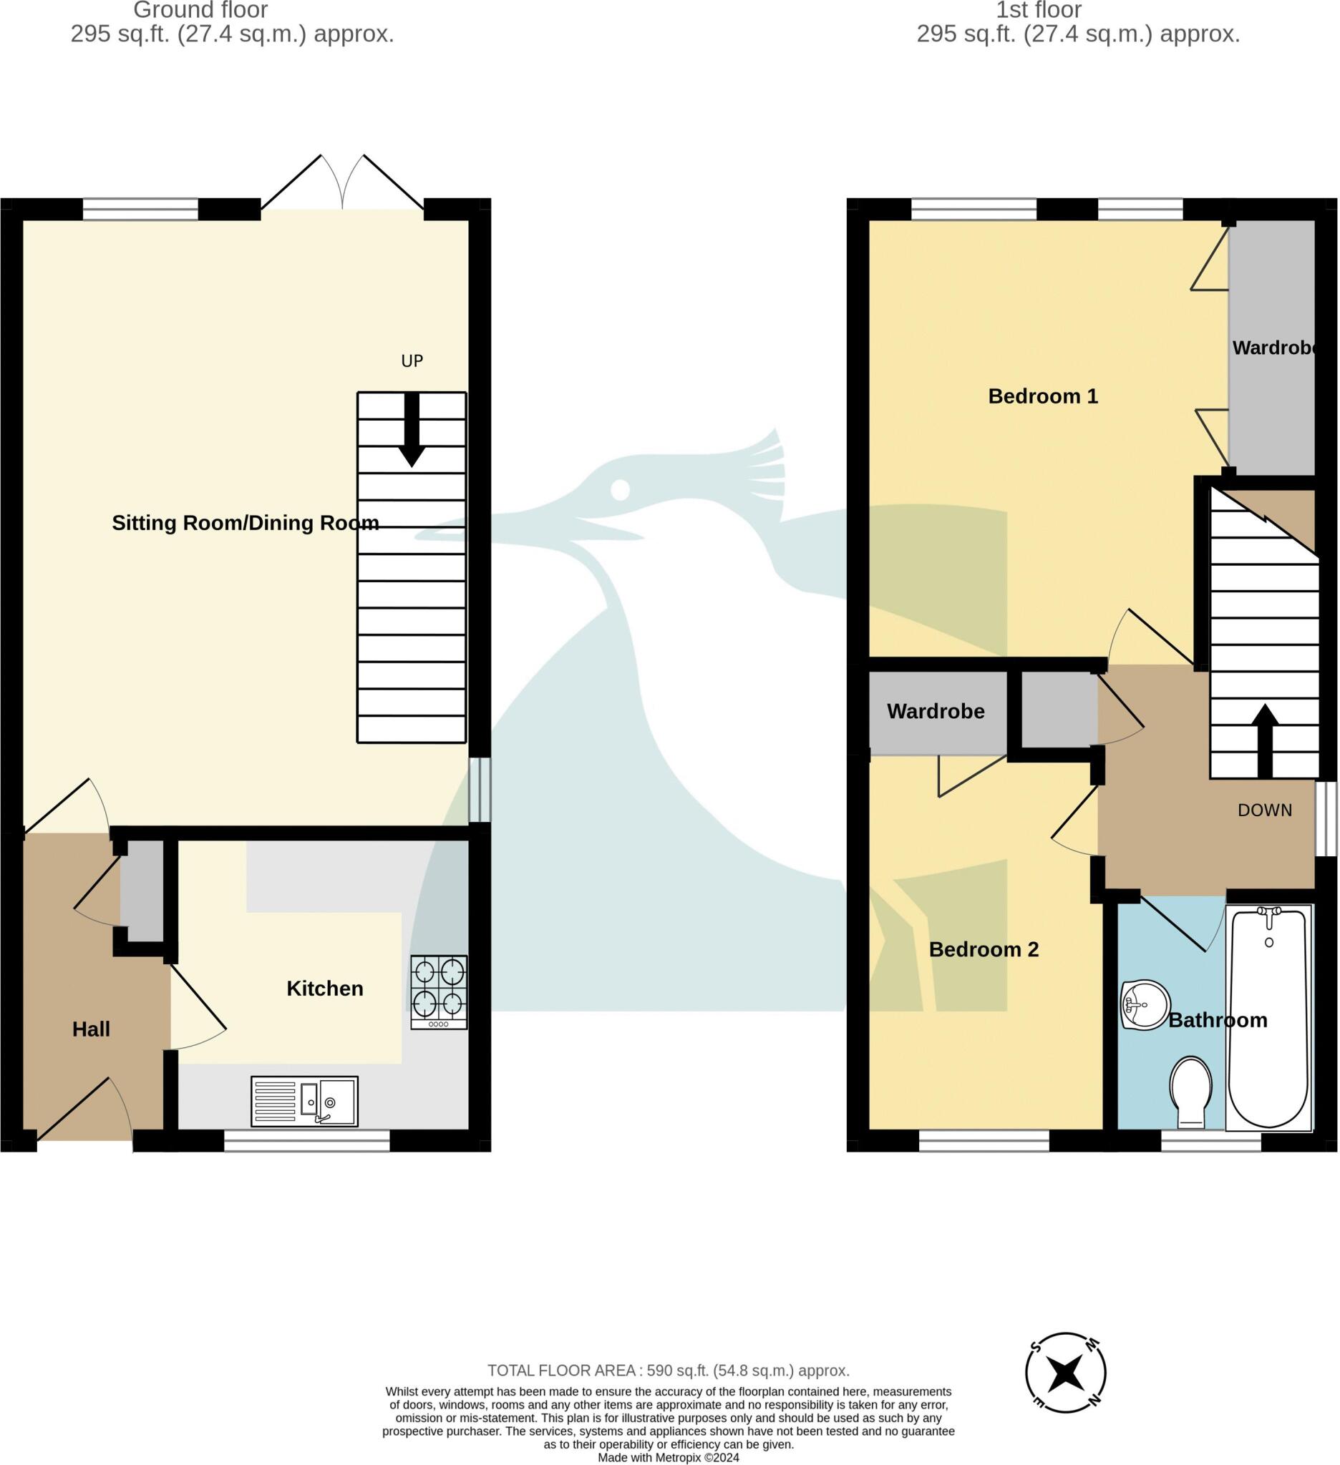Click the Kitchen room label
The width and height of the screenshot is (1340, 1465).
coord(324,989)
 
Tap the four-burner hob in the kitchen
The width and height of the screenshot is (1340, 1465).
coord(438,991)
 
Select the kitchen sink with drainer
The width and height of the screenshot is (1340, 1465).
coord(305,1101)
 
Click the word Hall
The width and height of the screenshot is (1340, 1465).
coord(91,1029)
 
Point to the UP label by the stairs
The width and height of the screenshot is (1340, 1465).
coord(412,361)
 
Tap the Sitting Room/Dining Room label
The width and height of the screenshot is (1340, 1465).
coord(245,523)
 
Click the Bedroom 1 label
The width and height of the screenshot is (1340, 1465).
coord(1043,396)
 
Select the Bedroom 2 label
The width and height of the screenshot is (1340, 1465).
coord(983,949)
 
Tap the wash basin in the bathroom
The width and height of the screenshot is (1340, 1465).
coord(1144,1005)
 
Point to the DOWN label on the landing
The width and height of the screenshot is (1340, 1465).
coord(1264,810)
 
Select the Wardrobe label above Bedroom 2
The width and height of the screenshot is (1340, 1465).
coord(935,711)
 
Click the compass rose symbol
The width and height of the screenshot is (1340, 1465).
coord(1065,1373)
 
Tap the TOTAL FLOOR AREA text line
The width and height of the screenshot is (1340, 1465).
coord(667,1371)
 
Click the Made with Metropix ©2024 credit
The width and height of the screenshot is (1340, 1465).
coord(667,1457)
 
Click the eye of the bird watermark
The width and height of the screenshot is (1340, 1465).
coord(619,490)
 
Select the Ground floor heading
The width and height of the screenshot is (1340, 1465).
coord(200,10)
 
